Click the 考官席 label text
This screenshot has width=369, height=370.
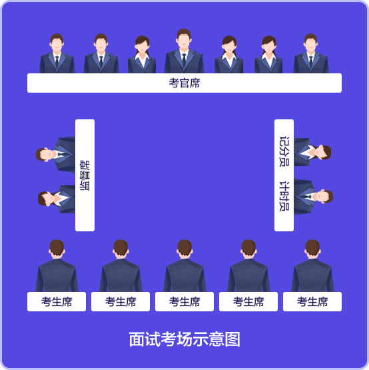[x=184, y=83]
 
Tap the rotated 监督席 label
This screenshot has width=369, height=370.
[x=85, y=175]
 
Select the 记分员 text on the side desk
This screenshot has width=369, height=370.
[x=284, y=151]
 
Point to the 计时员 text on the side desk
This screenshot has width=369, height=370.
[x=284, y=196]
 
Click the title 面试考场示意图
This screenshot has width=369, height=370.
[x=184, y=339]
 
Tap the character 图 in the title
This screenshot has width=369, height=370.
[x=232, y=339]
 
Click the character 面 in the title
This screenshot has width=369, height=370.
[x=137, y=339]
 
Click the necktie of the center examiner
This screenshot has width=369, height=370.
[x=184, y=59]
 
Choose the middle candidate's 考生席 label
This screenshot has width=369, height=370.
[x=184, y=301]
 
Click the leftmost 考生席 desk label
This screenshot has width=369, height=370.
[x=57, y=301]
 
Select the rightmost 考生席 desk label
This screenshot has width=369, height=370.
[x=312, y=301]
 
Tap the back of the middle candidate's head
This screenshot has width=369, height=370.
[x=184, y=248]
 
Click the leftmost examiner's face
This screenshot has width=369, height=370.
[x=57, y=45]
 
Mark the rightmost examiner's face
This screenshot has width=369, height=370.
[x=311, y=45]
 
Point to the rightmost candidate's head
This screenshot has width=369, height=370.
[x=312, y=248]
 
